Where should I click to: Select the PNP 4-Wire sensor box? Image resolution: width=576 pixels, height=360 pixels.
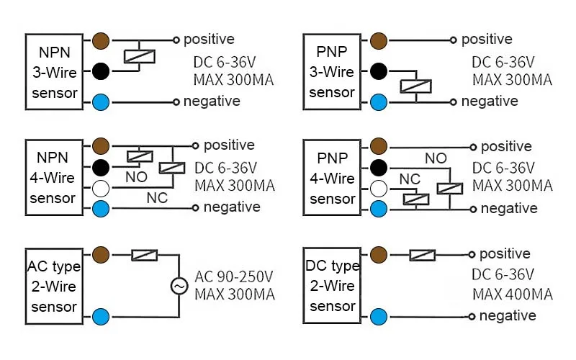(332, 178)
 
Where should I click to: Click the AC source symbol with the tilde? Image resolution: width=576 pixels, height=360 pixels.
(179, 287)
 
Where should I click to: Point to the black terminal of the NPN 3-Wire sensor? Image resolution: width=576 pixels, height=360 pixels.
(100, 71)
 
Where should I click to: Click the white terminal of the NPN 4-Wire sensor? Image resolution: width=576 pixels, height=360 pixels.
(100, 189)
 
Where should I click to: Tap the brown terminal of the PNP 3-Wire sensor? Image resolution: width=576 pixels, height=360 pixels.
(379, 40)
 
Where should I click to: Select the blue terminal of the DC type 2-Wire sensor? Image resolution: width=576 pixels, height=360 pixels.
(379, 315)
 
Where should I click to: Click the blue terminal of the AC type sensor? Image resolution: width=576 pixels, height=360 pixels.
(100, 315)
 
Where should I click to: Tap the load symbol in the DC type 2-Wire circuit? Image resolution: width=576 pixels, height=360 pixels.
(423, 254)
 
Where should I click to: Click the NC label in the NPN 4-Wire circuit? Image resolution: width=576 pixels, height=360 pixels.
(157, 197)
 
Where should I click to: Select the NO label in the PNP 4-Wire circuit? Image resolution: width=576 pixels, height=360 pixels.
(435, 158)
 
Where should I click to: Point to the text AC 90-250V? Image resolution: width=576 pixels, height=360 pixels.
(235, 276)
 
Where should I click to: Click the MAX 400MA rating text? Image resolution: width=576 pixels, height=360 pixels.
(512, 294)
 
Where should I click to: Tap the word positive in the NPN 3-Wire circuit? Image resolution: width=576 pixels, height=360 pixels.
(209, 39)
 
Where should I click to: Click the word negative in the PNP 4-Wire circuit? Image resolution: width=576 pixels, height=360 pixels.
(509, 208)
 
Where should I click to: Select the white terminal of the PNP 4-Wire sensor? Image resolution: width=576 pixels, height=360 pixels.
(379, 189)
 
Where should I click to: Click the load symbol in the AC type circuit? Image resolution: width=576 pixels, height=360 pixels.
(145, 254)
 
